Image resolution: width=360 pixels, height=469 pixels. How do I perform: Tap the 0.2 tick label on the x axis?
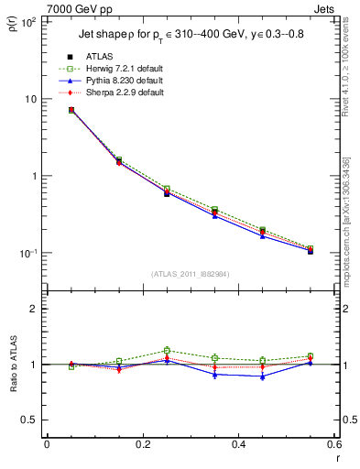tap(142, 445)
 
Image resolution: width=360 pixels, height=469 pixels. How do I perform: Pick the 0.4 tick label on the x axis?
tap(238, 445)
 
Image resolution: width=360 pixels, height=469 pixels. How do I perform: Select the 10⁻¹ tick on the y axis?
tap(29, 253)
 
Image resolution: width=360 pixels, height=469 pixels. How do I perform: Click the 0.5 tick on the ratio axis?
tap(32, 420)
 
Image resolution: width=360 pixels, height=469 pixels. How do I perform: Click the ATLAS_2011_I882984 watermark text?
tap(190, 274)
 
